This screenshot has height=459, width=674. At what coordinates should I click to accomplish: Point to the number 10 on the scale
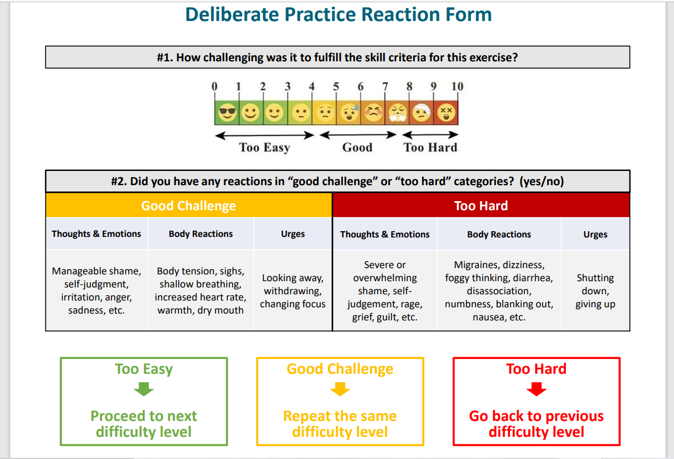click(457, 86)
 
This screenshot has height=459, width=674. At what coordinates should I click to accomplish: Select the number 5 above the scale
click(336, 86)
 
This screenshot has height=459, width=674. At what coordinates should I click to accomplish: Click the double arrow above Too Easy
click(264, 135)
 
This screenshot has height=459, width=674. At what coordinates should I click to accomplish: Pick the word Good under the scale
click(357, 148)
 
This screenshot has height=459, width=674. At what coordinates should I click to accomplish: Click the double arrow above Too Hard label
click(431, 135)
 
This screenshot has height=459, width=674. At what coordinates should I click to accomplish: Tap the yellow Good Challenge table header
click(188, 206)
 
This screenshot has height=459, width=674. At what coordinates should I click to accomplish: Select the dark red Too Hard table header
click(481, 206)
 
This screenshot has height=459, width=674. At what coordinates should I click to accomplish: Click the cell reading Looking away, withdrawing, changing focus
click(292, 291)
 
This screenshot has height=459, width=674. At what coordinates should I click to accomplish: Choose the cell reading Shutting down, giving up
click(595, 291)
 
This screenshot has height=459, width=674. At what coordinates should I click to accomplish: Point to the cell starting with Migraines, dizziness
click(499, 291)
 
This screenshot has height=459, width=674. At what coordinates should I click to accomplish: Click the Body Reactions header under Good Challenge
click(201, 234)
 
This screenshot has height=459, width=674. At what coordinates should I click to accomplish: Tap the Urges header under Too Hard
click(595, 234)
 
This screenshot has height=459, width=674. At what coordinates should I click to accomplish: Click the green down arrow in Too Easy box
click(144, 390)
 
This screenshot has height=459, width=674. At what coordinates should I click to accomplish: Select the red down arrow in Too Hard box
click(536, 390)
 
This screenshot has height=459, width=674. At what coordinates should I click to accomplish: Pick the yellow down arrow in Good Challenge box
click(340, 390)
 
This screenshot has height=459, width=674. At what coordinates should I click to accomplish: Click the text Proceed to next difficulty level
click(144, 424)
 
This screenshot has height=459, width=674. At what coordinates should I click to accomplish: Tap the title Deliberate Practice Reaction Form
click(338, 14)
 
